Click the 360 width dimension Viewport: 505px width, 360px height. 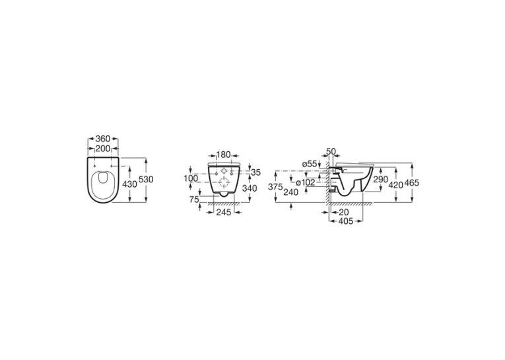[103, 139]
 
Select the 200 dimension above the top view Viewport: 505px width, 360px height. [103, 149]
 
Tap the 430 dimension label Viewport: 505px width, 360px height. [130, 184]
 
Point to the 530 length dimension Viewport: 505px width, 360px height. [146, 179]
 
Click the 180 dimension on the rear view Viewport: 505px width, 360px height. [224, 155]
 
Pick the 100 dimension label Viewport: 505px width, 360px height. [191, 178]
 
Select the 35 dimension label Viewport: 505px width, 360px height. [255, 172]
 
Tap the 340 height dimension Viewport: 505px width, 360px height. [250, 188]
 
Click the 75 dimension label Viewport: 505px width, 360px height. [194, 200]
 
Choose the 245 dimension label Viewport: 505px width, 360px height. [224, 212]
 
